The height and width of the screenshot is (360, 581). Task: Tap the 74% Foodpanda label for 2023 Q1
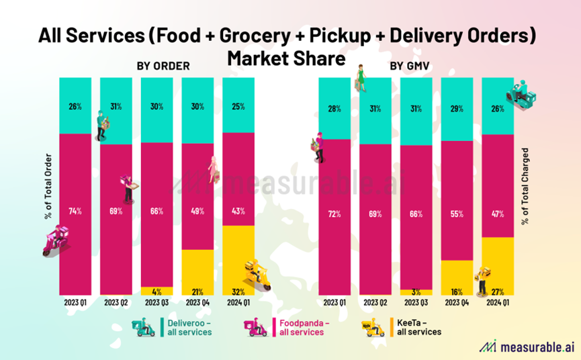[x=75, y=211]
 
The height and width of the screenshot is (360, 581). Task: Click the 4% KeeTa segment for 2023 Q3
[x=157, y=291]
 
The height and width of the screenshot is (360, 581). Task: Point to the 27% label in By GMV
[x=498, y=291]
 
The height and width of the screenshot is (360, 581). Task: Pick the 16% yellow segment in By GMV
[x=457, y=277]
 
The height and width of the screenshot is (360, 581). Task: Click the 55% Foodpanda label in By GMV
[x=457, y=214]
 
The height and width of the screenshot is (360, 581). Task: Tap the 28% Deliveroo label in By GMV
[x=334, y=109]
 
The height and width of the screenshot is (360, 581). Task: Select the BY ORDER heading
[x=164, y=66]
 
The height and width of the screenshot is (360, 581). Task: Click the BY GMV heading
[x=409, y=66]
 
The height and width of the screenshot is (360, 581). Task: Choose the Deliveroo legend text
[x=189, y=327]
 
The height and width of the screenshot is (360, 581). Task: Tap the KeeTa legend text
[x=418, y=327]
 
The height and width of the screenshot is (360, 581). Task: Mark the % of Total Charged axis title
[x=525, y=187]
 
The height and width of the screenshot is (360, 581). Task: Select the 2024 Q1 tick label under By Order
[x=238, y=303]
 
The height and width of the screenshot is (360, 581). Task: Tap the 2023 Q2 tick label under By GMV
[x=375, y=303]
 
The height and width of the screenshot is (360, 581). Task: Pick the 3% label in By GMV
[x=416, y=291]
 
